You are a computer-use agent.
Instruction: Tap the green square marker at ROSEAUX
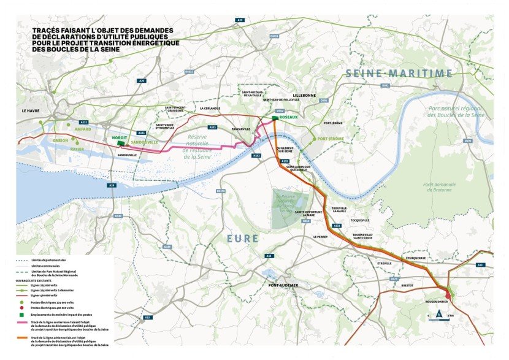[275, 118]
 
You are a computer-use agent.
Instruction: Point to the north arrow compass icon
[438, 314]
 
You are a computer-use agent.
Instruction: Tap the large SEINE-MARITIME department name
[399, 74]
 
